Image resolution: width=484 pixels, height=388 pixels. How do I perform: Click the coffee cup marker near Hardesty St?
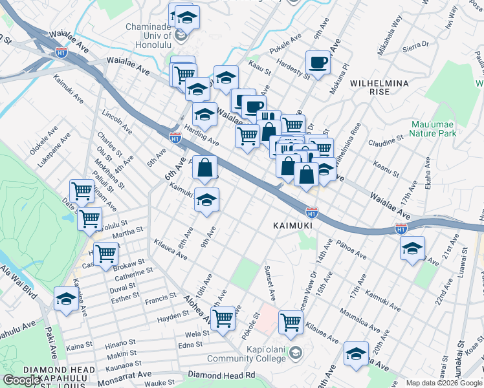pyautogui.click(x=318, y=63)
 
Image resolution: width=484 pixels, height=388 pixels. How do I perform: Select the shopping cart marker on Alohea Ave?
pyautogui.click(x=223, y=318)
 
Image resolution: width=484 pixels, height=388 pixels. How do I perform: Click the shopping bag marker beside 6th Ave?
pyautogui.click(x=204, y=168)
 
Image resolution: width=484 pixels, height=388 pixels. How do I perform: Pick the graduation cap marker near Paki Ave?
pyautogui.click(x=66, y=299)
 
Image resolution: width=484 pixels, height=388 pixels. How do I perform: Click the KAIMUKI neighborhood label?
pyautogui.click(x=289, y=226)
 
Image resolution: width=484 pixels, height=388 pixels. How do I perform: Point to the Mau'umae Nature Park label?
pyautogui.click(x=434, y=129)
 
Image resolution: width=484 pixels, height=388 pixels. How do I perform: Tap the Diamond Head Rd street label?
pyautogui.click(x=221, y=375)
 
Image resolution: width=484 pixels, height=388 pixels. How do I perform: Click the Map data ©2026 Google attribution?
pyautogui.click(x=444, y=383)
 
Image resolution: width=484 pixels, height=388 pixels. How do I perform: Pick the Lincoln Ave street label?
pyautogui.click(x=116, y=120)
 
